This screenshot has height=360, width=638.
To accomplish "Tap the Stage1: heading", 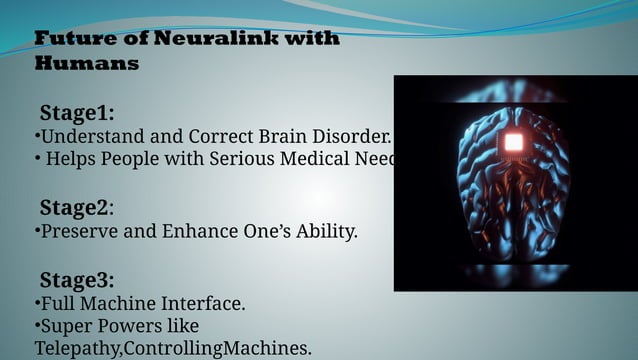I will [x=76, y=111].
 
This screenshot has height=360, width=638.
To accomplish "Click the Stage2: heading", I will [x=76, y=208].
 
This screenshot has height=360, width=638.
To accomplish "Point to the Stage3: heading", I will [x=76, y=279].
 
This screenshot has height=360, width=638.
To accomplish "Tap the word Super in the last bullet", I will [x=64, y=325].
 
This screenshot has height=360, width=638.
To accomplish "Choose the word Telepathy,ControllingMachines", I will [x=173, y=348].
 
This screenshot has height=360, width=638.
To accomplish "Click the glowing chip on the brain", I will [x=513, y=142].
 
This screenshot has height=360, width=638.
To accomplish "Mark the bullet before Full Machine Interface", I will [x=37, y=302].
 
